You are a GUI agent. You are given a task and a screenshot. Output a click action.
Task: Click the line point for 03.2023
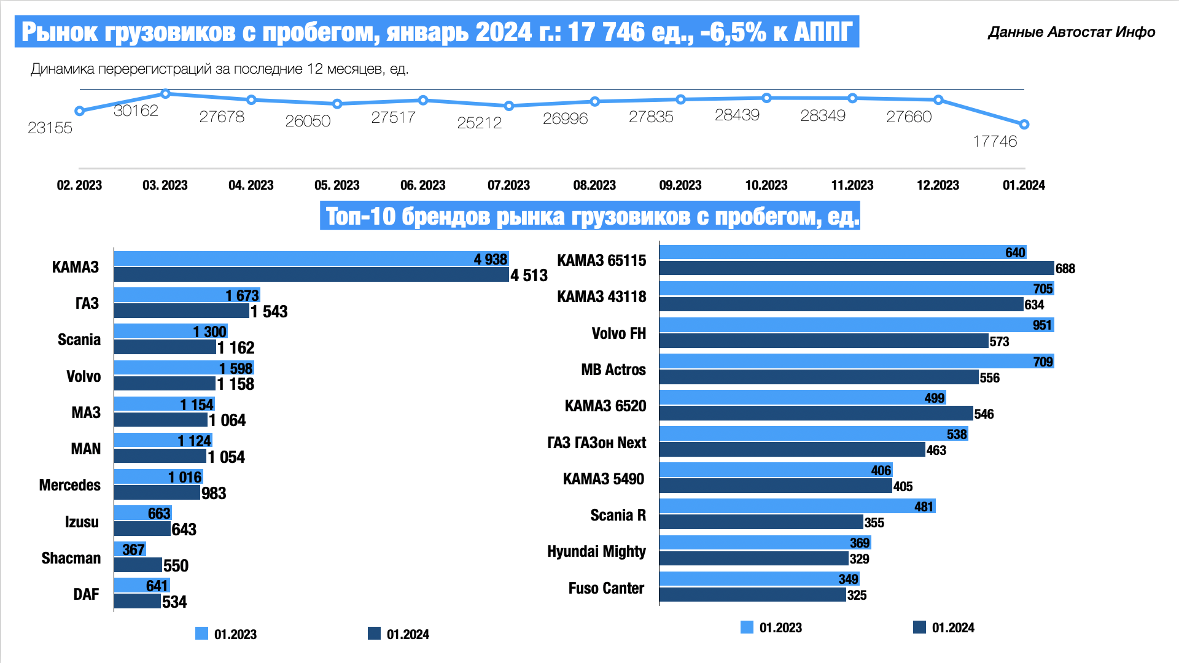[165, 94]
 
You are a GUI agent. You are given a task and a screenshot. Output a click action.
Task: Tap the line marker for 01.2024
[1024, 125]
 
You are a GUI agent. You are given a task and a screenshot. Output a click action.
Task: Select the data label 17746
[995, 141]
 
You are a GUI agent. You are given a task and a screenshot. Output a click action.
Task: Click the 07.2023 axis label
[508, 185]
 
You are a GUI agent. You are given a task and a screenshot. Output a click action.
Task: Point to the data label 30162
[136, 110]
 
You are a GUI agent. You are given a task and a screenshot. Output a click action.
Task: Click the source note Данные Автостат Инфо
[1072, 32]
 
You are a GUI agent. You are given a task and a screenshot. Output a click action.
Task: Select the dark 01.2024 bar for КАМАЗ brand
[311, 274]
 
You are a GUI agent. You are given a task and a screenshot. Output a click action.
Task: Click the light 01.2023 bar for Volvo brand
[184, 368]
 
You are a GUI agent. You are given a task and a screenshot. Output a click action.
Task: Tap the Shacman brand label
[71, 558]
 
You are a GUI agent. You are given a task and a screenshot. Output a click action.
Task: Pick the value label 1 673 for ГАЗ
[242, 295]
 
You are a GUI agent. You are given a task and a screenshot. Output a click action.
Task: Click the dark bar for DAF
[138, 601]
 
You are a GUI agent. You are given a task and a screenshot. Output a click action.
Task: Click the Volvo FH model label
[618, 333]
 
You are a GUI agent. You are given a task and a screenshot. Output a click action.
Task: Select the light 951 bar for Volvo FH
[856, 325]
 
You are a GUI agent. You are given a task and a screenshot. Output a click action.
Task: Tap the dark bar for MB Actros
[819, 377]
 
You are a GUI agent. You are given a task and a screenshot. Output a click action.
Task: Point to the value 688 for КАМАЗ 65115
[1065, 268]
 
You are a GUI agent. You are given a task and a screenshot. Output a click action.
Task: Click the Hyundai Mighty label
[596, 551]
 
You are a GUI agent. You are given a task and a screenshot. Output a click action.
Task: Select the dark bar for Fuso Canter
[752, 594]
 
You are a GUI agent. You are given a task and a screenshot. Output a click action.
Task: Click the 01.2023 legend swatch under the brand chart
[201, 634]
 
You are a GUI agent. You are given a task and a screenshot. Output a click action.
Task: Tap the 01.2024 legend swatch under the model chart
[919, 627]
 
